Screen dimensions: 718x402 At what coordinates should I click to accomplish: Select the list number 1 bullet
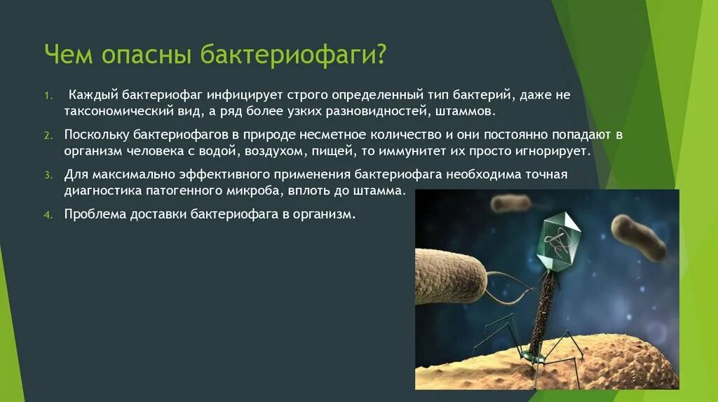[x=48, y=95]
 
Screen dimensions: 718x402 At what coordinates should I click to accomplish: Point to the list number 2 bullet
[x=48, y=135]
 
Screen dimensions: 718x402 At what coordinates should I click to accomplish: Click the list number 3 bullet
[x=48, y=175]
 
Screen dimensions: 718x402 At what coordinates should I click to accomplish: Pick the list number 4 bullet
[x=48, y=215]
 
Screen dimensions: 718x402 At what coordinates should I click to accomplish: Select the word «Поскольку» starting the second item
[x=96, y=135]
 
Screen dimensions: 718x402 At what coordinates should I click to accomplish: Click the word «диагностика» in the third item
[x=103, y=191]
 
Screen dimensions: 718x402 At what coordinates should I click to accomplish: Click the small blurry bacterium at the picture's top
[x=510, y=202]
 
